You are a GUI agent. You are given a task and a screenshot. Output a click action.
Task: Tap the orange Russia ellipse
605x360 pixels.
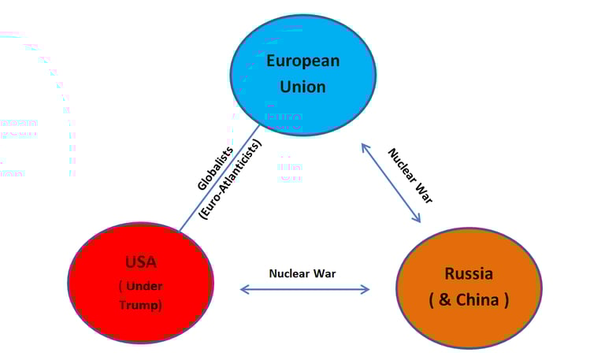[x=468, y=319]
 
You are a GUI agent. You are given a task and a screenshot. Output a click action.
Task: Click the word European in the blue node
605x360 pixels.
[x=302, y=61]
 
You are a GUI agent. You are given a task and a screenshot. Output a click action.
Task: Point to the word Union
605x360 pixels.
[x=302, y=86]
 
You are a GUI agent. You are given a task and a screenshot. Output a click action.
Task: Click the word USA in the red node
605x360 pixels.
[x=141, y=262]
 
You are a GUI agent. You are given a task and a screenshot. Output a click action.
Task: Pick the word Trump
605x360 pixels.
[x=140, y=305]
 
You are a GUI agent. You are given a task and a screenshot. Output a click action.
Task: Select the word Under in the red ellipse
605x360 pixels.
[x=144, y=284]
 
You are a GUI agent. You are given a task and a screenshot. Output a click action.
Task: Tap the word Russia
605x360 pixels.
[x=469, y=274]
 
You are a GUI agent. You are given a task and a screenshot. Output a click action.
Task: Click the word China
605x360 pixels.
[x=481, y=299]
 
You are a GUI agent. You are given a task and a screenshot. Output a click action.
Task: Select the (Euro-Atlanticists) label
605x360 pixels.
[x=229, y=180]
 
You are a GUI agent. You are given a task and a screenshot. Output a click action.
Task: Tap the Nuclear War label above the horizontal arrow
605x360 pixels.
[x=302, y=273]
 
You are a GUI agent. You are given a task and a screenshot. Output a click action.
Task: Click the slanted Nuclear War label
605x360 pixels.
[x=410, y=175]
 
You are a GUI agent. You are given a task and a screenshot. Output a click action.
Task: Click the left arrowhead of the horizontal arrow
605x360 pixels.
[x=243, y=289]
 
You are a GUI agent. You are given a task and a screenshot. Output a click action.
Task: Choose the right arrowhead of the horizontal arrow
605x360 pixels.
[x=366, y=289]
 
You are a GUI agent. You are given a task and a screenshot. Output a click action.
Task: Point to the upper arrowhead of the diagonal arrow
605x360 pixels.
[x=363, y=147]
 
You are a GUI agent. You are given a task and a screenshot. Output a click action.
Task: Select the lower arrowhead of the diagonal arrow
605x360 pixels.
[x=418, y=221]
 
